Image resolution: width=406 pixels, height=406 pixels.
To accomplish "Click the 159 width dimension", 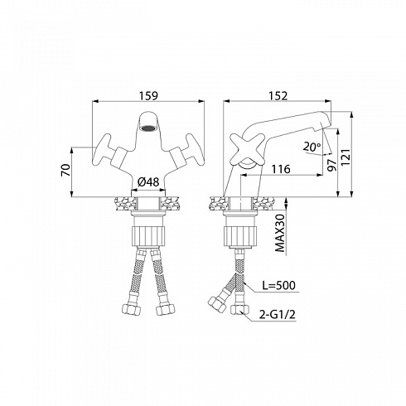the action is coord(148,95).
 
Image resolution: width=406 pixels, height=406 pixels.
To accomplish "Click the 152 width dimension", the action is coord(278,95).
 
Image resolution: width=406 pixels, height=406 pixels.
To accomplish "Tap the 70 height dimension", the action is coord(66,170).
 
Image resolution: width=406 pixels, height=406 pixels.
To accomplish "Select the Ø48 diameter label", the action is coord(148,181).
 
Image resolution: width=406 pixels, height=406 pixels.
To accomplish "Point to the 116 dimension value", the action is coord(281,169).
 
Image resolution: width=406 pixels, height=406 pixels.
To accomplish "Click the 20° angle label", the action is coord(312,147).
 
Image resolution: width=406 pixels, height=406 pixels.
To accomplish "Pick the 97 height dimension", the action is coord(331,165).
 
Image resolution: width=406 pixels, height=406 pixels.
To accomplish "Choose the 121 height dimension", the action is coord(346,157).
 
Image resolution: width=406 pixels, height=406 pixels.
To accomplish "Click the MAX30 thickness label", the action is coord(280,233).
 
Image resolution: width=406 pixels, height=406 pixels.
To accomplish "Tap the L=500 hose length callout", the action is coord(278,285).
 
